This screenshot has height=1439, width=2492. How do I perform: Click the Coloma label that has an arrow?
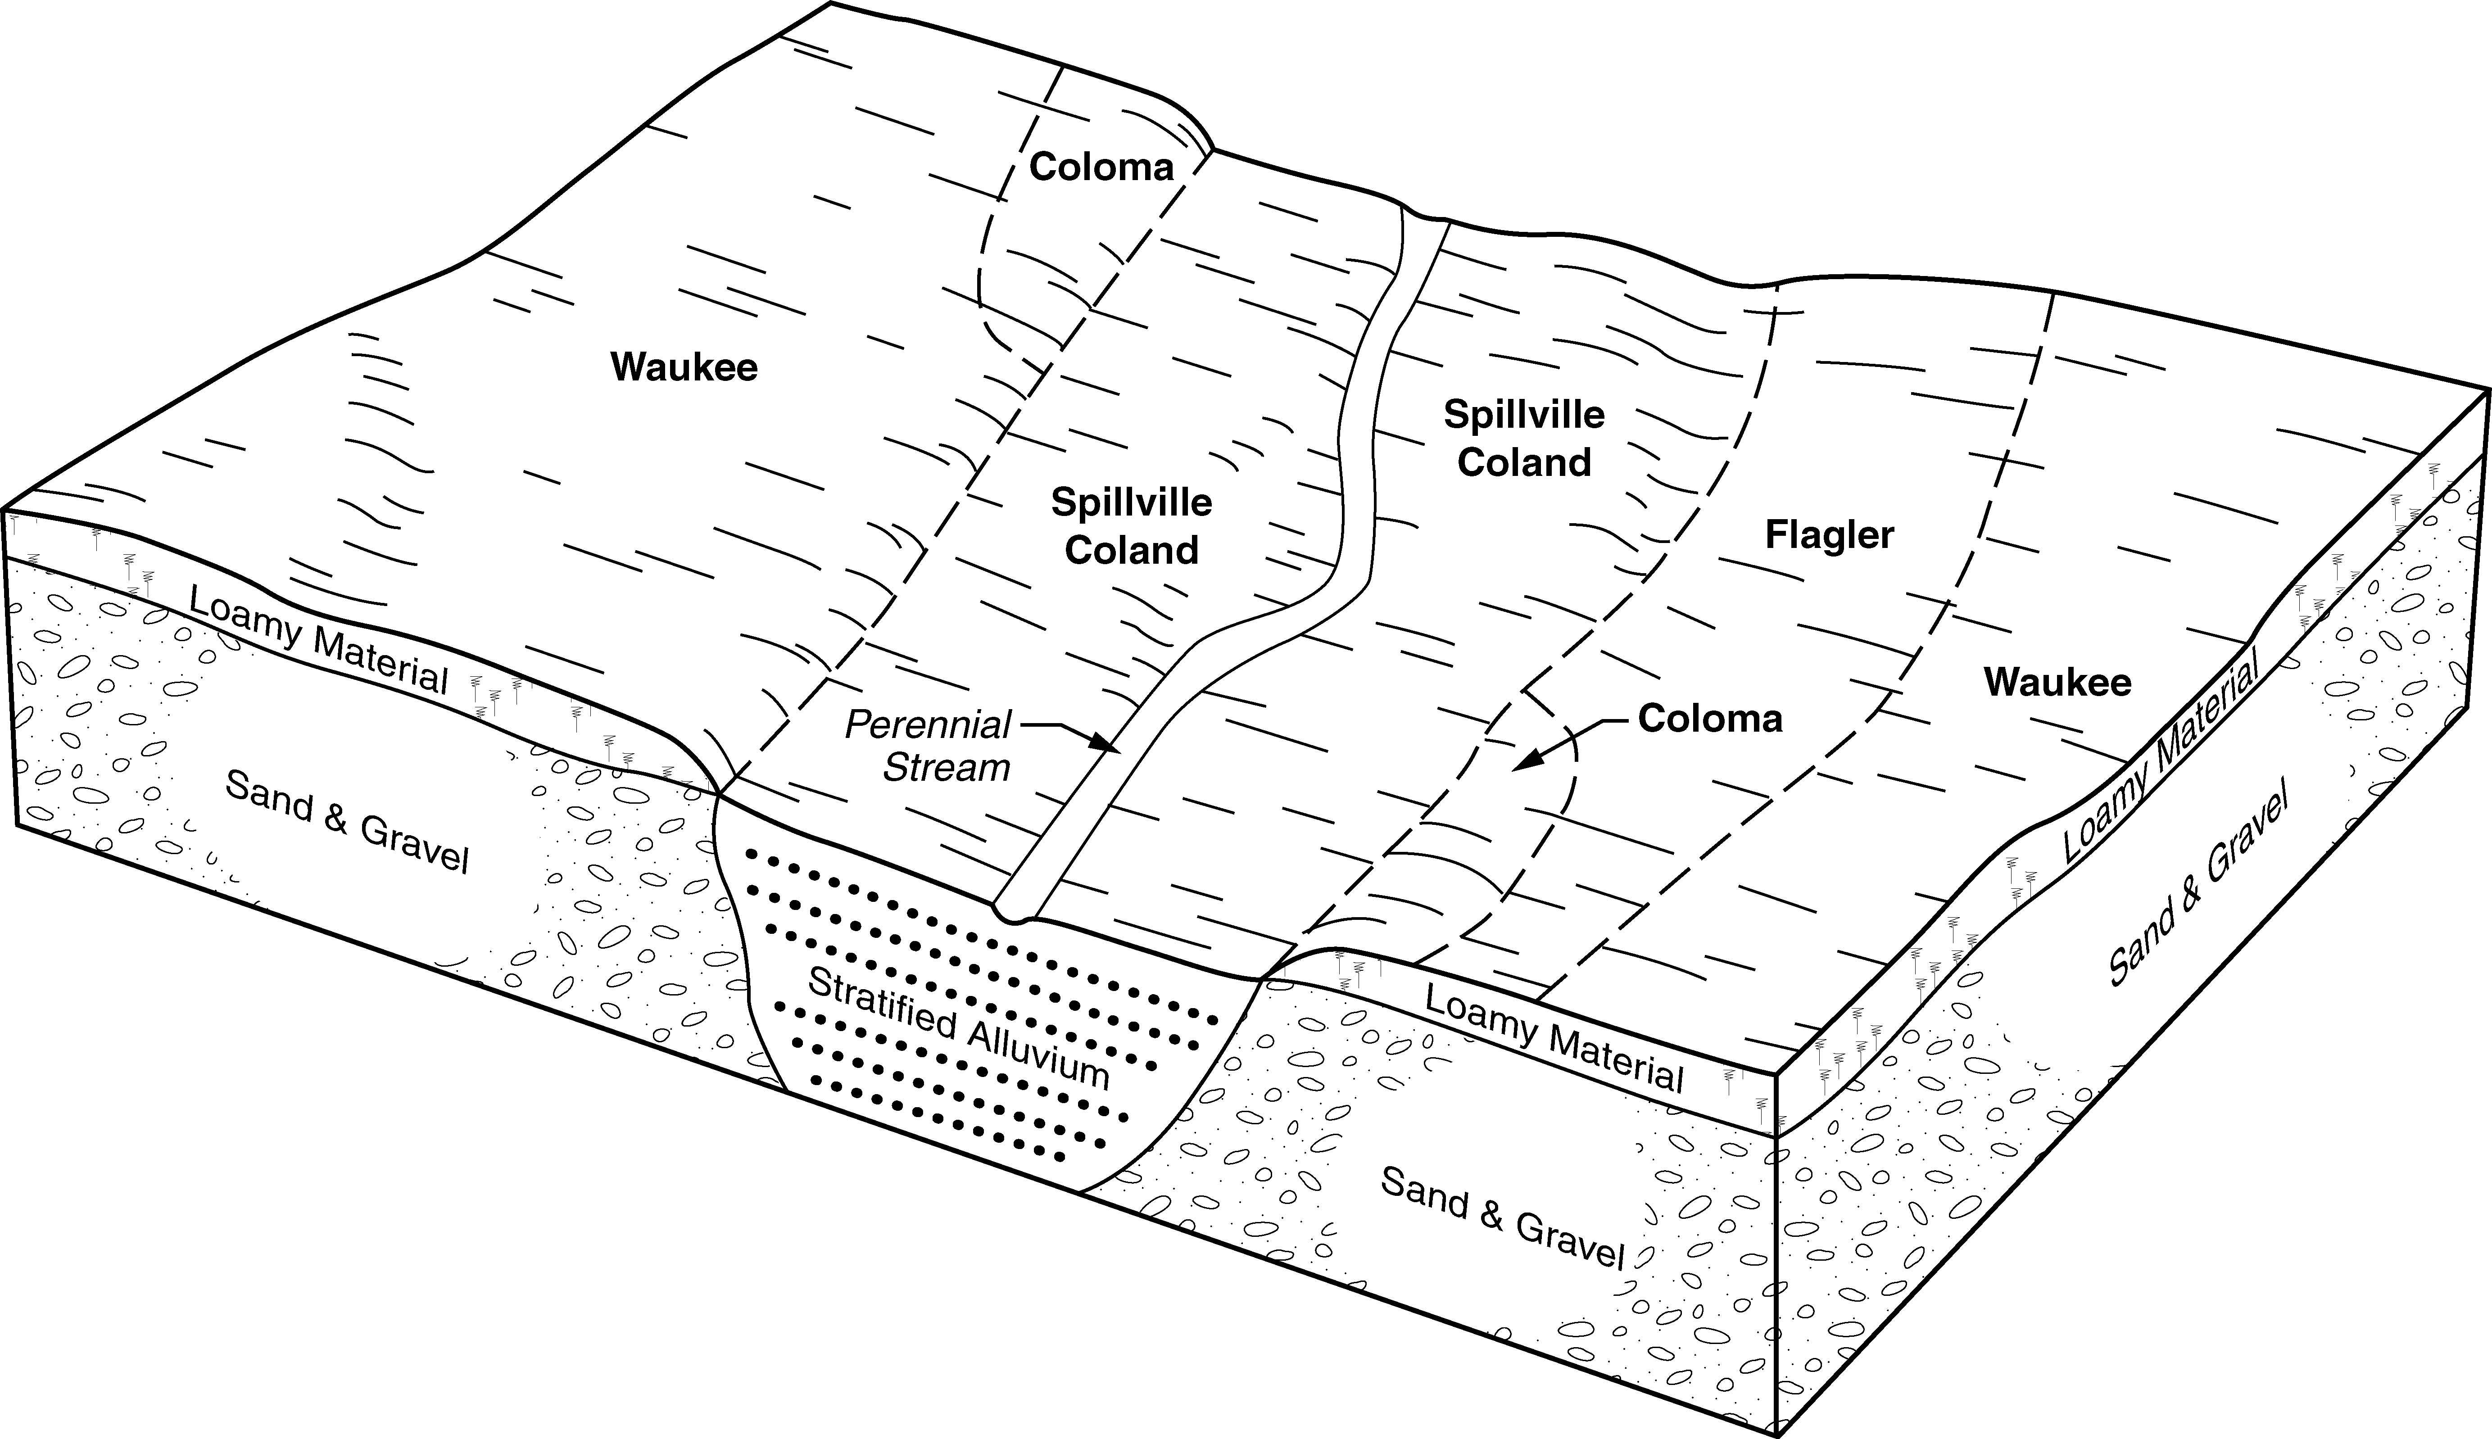1709,719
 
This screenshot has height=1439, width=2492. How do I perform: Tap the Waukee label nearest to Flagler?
2057,682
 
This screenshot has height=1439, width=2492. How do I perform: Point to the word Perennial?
927,725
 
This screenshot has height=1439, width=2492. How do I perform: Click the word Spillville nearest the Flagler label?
1523,415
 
